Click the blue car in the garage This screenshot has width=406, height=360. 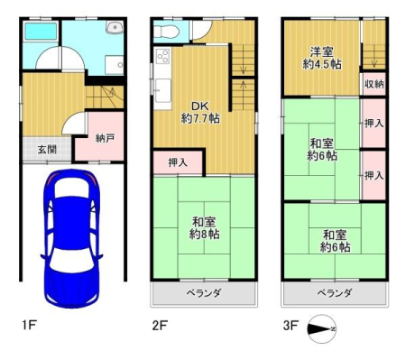coord(71,238)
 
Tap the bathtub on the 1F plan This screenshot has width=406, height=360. coord(41,32)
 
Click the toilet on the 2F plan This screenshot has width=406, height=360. coord(166,31)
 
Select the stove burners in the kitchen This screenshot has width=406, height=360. coord(163,56)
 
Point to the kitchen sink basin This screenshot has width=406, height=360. coord(163,90)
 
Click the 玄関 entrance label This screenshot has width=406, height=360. coord(47,149)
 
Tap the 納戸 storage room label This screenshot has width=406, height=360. coord(105,138)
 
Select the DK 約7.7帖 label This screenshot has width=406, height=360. coord(200,112)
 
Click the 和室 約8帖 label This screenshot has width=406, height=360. coord(204,228)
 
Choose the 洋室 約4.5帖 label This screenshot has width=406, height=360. coord(322,58)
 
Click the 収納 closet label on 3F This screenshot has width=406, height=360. coord(374,84)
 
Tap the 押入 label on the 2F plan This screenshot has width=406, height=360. coord(178,162)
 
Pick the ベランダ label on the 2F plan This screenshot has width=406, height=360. coord(204,292)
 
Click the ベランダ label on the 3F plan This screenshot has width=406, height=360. coord(335,292)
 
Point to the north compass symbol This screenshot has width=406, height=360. coord(322,329)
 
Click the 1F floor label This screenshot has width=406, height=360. coord(29,325)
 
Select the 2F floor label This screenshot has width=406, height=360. coord(160,325)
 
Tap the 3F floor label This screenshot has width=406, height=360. coord(291,325)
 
